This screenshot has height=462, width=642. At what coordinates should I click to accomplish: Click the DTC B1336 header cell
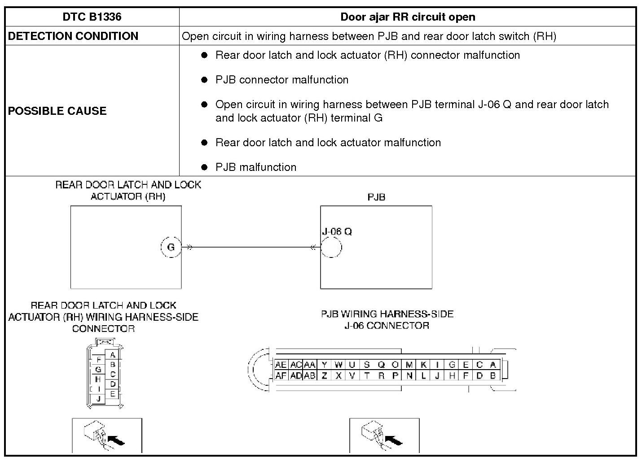click(92, 17)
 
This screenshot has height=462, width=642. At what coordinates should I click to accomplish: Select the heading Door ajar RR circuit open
click(407, 17)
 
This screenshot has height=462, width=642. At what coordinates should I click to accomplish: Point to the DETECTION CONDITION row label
click(73, 36)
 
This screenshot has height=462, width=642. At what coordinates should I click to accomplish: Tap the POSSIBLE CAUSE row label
click(57, 111)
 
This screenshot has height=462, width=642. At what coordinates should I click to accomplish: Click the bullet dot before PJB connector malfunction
click(205, 80)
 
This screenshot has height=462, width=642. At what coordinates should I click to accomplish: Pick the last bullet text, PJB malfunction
click(256, 167)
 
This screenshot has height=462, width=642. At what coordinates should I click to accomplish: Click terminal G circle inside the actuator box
click(171, 247)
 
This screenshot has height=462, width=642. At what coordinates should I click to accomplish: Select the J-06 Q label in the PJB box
click(337, 231)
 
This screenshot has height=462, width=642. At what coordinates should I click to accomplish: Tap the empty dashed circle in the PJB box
click(331, 247)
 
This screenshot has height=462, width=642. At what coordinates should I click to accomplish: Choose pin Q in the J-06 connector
click(381, 365)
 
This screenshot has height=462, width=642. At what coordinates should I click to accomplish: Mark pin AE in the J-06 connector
click(281, 365)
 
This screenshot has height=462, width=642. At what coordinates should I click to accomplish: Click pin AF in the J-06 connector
click(281, 376)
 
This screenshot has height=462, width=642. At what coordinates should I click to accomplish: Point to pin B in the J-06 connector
click(493, 376)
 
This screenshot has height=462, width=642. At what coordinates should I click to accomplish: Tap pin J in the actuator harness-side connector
click(98, 398)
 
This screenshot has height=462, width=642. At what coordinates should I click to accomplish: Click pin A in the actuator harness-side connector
click(113, 355)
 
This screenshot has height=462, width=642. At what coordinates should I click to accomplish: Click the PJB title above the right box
click(376, 197)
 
